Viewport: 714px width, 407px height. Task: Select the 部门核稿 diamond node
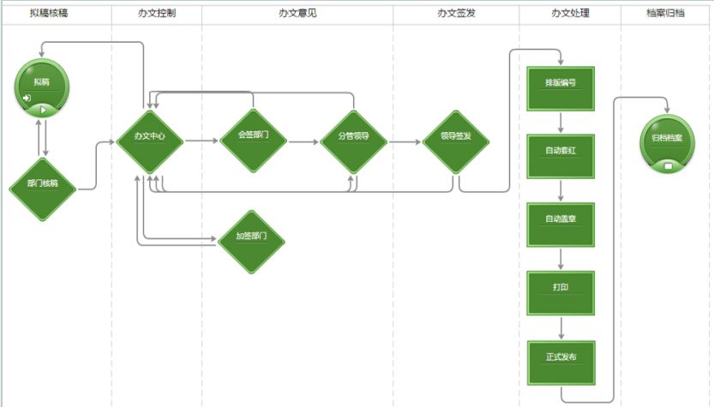pos(43,184)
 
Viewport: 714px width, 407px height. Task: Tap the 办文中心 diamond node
pos(149,140)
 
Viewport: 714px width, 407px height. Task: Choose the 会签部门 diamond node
pos(253,140)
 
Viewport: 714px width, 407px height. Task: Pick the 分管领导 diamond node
pos(353,141)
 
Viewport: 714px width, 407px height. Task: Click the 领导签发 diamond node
pos(455,141)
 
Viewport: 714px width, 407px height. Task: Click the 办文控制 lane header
pos(156,13)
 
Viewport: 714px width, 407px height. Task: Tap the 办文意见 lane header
pos(297,13)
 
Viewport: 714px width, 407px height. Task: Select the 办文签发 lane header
pos(455,13)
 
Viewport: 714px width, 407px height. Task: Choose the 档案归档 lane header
pos(665,13)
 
